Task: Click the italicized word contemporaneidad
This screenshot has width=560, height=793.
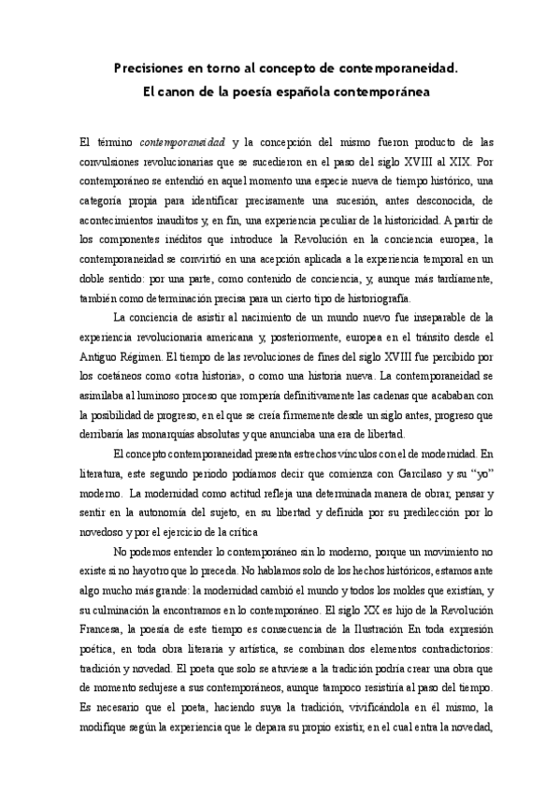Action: pos(182,143)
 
